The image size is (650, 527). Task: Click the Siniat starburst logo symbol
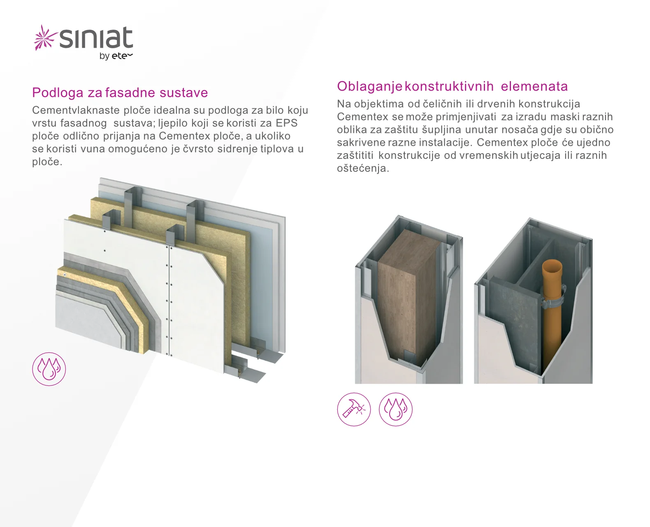coord(45,37)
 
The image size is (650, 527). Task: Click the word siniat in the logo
coord(96,37)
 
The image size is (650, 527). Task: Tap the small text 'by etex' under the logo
coord(116,56)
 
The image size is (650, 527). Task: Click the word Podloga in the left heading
coord(58,93)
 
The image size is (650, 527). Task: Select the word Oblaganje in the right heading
coord(370,87)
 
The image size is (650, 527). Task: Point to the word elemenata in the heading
coord(534,86)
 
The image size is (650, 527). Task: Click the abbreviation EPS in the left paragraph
coord(287,123)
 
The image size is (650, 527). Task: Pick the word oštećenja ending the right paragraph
coord(363,168)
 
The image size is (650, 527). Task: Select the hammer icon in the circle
coord(354,409)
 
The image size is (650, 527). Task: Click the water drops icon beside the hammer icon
coord(395,409)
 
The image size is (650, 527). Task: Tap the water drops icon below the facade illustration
coord(49,369)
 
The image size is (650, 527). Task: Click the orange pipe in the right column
coord(552,317)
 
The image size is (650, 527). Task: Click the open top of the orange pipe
coord(552,264)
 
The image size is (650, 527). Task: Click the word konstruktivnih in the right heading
coord(449,86)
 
